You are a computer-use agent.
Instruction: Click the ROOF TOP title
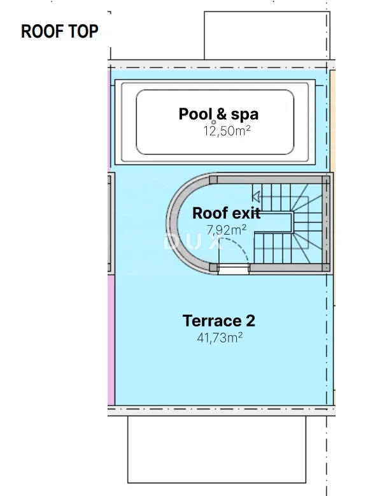pos(59,31)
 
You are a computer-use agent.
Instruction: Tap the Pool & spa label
pos(218,114)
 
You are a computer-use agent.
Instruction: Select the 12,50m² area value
pos(227,131)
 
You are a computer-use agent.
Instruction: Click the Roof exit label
pos(226,213)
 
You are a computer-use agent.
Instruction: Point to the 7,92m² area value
pos(226,230)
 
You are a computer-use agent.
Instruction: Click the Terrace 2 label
pos(218,321)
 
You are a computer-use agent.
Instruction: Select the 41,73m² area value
pos(220,338)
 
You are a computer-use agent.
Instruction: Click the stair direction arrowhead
pos(256,197)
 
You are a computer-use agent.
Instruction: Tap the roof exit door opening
pos(234,269)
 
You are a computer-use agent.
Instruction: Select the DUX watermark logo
pos(192,243)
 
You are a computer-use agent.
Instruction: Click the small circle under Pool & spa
pos(214,122)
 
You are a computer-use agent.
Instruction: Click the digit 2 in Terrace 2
pos(250,321)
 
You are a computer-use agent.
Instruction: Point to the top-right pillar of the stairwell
pos(326,180)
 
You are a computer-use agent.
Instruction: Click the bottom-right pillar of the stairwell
pos(326,267)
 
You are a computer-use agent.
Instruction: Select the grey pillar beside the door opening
pos(213,268)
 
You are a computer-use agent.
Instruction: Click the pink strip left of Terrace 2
pos(111,340)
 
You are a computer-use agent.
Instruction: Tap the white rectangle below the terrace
pos(216,449)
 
